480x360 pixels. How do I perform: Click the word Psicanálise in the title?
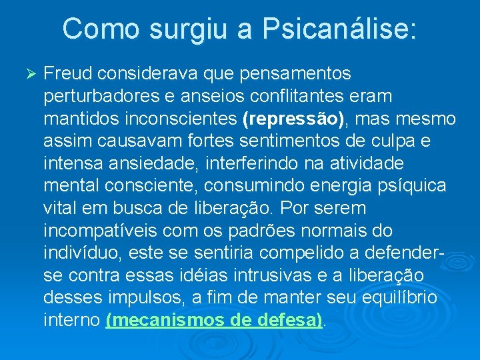pyautogui.click(x=339, y=29)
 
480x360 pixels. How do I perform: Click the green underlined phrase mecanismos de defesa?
pyautogui.click(x=214, y=320)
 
